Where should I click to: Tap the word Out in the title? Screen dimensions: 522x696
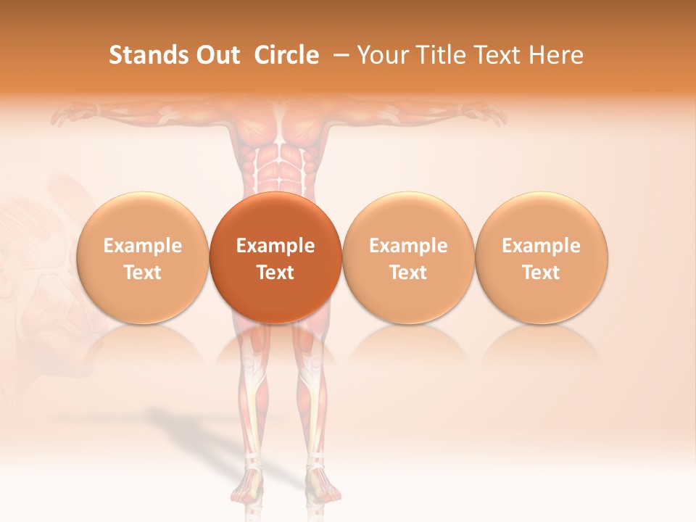point(217,55)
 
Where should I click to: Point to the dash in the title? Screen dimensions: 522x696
point(338,56)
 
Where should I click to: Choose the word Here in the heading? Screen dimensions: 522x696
point(556,55)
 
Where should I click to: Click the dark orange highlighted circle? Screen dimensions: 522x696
point(275,257)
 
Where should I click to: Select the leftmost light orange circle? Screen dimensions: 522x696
point(142,257)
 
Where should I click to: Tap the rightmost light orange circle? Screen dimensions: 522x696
point(542,257)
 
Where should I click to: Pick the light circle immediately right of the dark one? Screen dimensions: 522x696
point(408,257)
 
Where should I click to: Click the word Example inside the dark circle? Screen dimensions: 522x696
point(275,246)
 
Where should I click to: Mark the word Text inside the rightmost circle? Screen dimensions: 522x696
point(542,273)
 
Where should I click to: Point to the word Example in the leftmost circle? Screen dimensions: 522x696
point(142,246)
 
